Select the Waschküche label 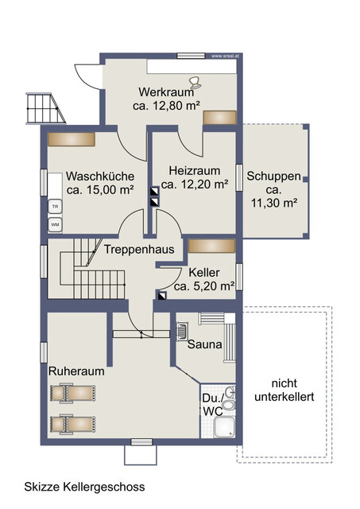coord(99,176)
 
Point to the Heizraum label coord(194,170)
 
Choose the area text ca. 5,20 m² coord(203,286)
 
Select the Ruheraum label coord(76,371)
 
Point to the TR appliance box coord(55,207)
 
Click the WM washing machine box coord(55,225)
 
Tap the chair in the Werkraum coord(195,80)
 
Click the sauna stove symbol coord(182,331)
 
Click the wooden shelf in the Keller coord(211,246)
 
